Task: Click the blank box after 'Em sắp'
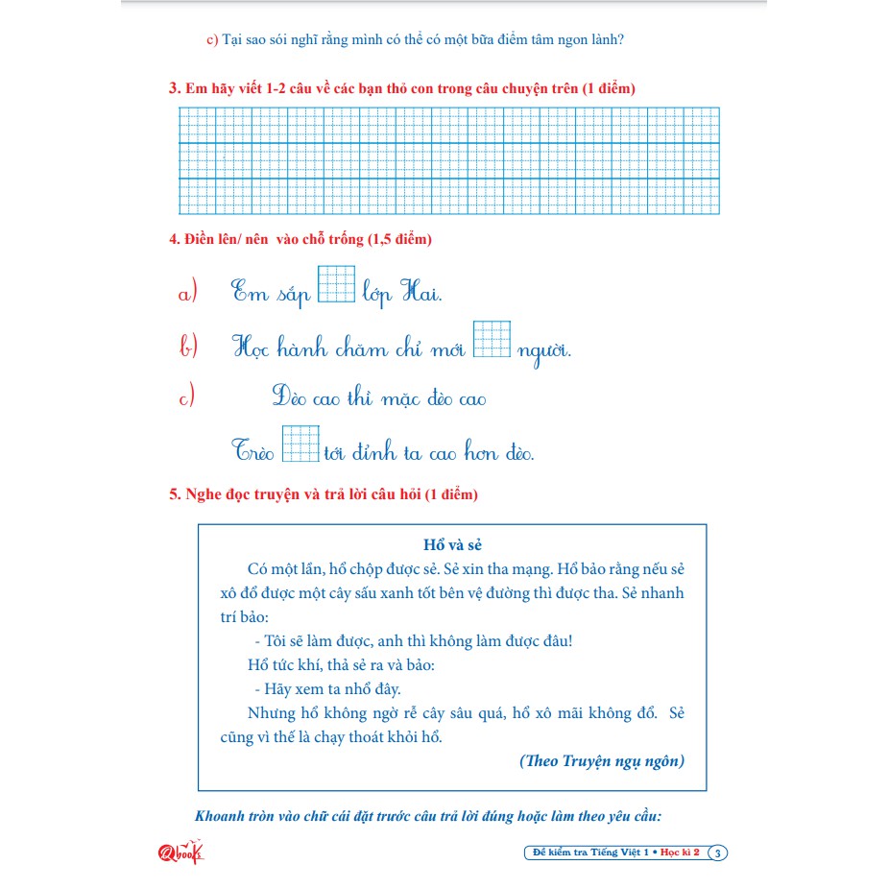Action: click(x=336, y=283)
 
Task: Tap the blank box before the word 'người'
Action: click(x=492, y=339)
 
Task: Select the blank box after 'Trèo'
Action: click(x=300, y=444)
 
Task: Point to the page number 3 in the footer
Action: click(x=720, y=853)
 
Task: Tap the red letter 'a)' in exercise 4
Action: click(x=187, y=294)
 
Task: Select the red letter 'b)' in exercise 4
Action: click(x=188, y=347)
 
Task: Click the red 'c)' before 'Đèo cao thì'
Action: click(x=187, y=396)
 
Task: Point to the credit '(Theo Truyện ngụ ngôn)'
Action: click(x=602, y=760)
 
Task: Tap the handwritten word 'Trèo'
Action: click(x=253, y=450)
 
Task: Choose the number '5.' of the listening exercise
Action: click(x=175, y=495)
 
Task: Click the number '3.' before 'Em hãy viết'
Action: click(x=175, y=88)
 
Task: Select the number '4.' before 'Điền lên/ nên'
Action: click(x=175, y=239)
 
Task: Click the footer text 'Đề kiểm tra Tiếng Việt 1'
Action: click(x=591, y=853)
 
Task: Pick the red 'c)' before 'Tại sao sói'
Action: click(x=212, y=40)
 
